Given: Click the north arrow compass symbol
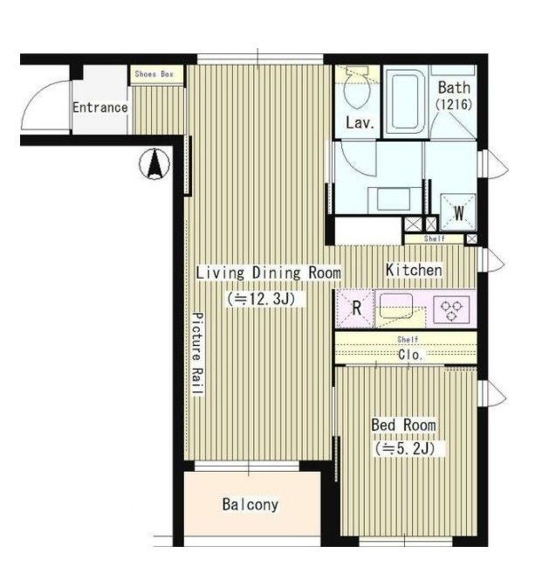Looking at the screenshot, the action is [154, 163].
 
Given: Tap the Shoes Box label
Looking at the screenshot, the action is [154, 74].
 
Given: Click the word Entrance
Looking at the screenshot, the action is [100, 107].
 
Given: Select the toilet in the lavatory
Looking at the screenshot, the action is [358, 87].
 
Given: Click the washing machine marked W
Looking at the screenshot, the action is [458, 212].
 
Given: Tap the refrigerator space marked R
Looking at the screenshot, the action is [355, 308].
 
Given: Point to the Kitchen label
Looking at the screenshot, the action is [414, 270].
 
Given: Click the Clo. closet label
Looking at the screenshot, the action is [410, 355].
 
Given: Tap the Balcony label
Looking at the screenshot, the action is [250, 504].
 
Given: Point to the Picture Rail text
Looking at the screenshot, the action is [197, 354].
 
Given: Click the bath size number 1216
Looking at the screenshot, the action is [454, 104].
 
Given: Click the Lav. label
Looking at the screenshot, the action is [360, 122].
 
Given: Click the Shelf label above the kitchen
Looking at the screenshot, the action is [435, 239].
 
